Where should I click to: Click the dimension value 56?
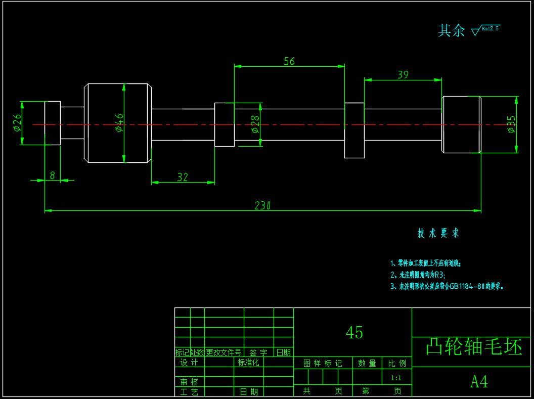(289, 61)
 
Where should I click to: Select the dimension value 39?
(403, 75)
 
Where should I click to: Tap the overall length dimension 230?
(262, 205)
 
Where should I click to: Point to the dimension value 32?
(183, 177)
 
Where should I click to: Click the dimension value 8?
(52, 175)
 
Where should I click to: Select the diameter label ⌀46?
(119, 123)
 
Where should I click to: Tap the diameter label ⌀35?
(511, 124)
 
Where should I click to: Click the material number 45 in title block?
(354, 332)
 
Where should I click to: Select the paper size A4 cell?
(479, 382)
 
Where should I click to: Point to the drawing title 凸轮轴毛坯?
(473, 347)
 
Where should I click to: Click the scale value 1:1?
(396, 378)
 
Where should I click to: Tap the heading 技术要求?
(438, 233)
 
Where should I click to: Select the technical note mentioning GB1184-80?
(447, 286)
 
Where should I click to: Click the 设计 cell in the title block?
(190, 363)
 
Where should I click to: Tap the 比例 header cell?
(397, 363)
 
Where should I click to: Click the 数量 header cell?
(367, 363)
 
